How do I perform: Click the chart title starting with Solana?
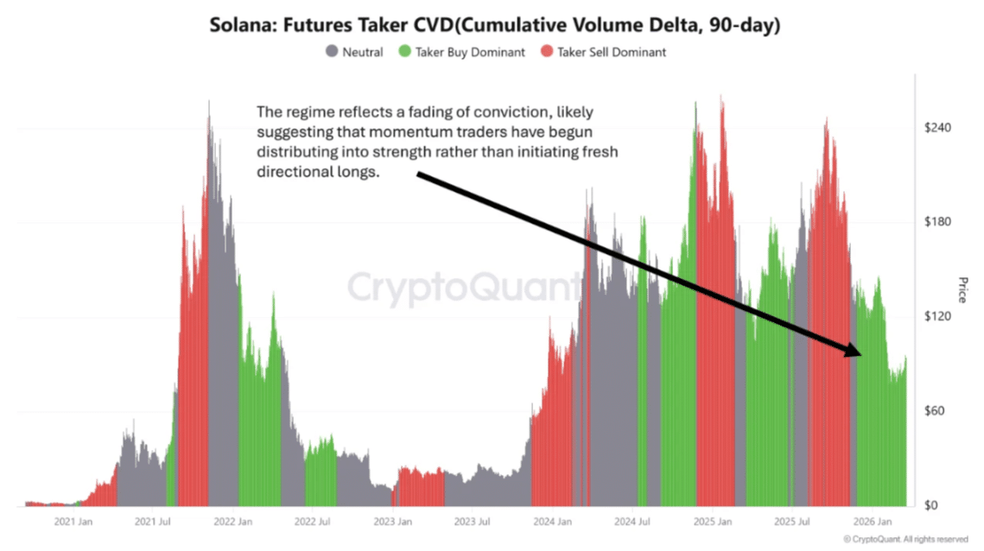click(495, 26)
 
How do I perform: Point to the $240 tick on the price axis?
click(937, 128)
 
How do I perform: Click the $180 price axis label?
click(937, 222)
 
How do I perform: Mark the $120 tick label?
click(937, 317)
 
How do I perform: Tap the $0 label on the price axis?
click(931, 505)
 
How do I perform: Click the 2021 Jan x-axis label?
click(73, 522)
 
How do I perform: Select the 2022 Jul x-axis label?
click(313, 522)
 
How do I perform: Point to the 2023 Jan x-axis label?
click(392, 522)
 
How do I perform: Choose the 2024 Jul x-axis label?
click(632, 522)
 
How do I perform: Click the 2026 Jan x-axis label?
click(872, 522)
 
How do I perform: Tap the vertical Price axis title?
click(963, 290)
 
